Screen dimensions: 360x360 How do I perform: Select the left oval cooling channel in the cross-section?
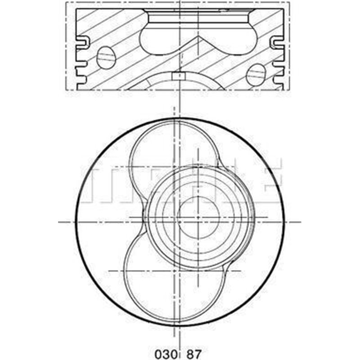point(106,58)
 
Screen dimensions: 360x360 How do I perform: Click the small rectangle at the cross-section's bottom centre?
point(179,76)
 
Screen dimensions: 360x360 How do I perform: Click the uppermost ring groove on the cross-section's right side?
point(275,43)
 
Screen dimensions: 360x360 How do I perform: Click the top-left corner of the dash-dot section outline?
point(67,2)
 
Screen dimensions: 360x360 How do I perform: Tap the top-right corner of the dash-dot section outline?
point(289,2)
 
